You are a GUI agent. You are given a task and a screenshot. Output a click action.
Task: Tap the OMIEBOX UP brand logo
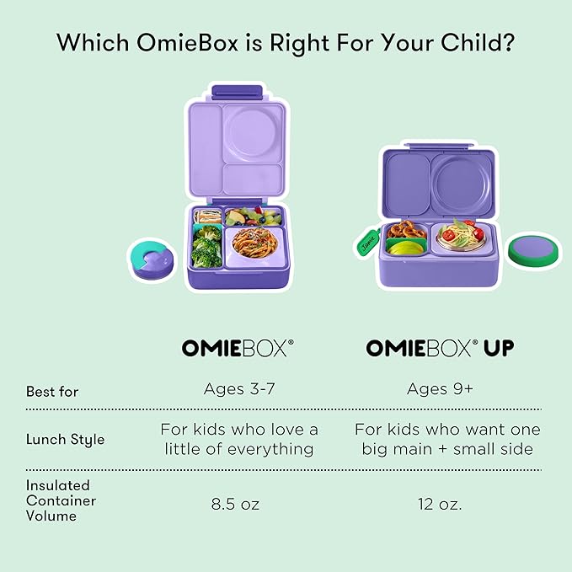click(439, 348)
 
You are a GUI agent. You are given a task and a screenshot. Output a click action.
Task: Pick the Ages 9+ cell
click(439, 389)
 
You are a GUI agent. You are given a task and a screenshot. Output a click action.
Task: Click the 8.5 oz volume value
click(235, 505)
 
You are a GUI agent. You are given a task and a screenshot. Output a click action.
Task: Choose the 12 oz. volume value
click(439, 505)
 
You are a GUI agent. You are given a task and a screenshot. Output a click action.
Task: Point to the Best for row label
click(52, 392)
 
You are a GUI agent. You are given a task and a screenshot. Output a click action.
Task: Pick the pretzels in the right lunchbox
click(409, 230)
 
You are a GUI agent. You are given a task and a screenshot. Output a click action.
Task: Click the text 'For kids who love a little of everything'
click(238, 440)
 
